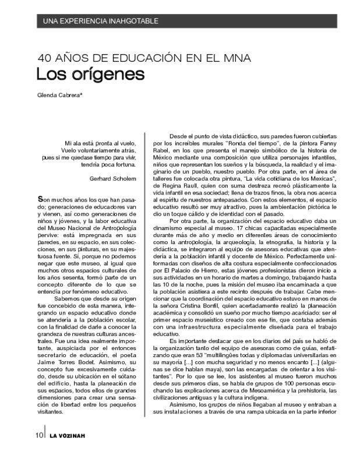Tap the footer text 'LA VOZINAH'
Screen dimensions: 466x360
tap(69, 453)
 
